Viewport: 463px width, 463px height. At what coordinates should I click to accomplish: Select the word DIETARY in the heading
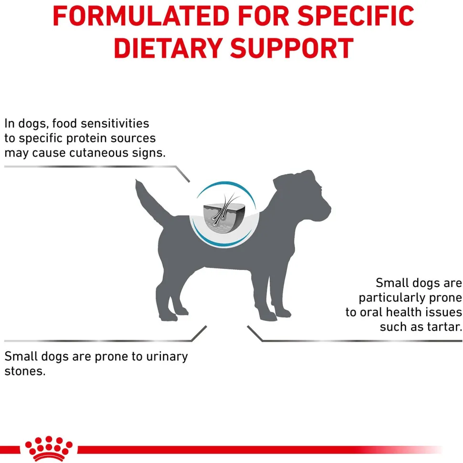click(168, 48)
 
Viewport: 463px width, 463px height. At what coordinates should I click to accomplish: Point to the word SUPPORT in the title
click(292, 48)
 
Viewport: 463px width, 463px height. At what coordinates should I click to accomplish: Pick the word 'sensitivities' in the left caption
click(115, 124)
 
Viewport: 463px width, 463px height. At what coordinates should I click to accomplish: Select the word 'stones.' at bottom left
click(25, 371)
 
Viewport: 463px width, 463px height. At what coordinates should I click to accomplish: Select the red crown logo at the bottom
click(49, 448)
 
